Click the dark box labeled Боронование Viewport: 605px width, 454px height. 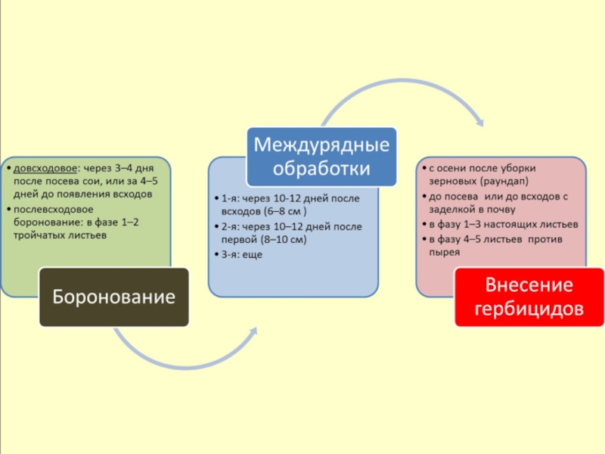coord(114,297)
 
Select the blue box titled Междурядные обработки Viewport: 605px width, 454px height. coord(323,157)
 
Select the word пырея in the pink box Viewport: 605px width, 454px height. coord(444,252)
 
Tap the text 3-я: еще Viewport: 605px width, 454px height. coord(242,255)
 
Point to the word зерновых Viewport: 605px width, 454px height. coord(452,182)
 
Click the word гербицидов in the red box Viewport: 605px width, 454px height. coord(529,309)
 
